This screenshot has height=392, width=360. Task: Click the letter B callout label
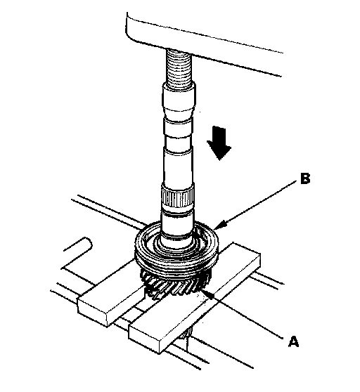point(304,178)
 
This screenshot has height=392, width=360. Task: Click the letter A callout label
point(293,341)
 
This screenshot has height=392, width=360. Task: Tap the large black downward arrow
point(219,143)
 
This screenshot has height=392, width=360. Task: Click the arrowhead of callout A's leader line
point(207,294)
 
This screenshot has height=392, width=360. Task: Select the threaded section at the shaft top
point(179,67)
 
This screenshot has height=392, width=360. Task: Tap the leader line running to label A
point(247,316)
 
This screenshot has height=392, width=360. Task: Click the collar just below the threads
point(179,99)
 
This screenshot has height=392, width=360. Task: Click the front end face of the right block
point(144,339)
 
